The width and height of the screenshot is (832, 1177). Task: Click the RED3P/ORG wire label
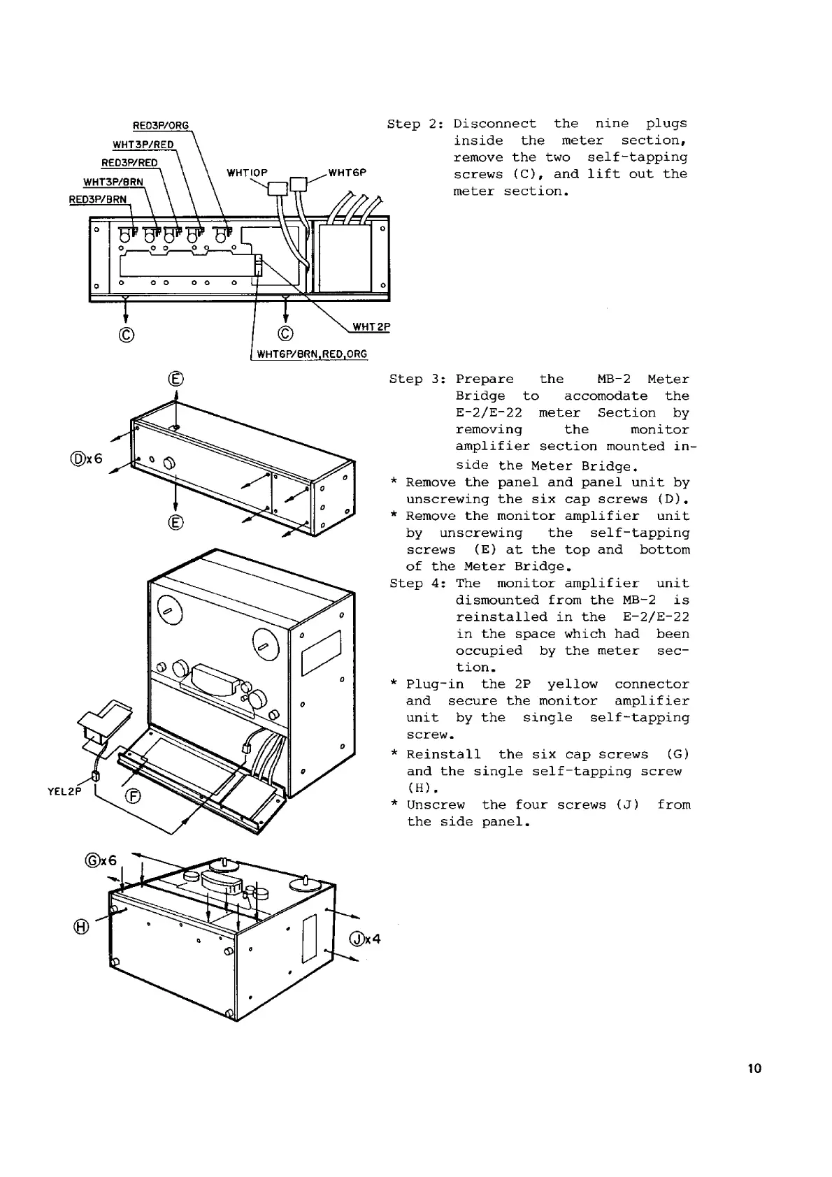point(161,126)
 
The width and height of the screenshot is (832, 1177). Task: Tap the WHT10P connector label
point(247,173)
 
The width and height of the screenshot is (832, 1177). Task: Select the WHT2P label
point(371,326)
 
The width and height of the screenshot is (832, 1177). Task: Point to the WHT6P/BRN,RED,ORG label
point(311,354)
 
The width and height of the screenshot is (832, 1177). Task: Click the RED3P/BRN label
point(98,199)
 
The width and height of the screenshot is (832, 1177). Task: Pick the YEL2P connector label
point(65,791)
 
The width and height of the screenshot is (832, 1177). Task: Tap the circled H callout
point(82,927)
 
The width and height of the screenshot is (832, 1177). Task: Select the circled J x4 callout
point(364,939)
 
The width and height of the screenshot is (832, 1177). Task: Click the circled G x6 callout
point(99,861)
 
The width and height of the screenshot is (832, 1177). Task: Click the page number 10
point(754,1069)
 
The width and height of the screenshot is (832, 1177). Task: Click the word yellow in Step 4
point(573,684)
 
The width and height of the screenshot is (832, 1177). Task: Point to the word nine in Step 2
point(612,124)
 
